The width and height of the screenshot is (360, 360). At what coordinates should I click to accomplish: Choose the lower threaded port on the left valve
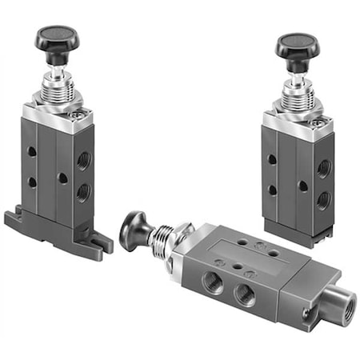pos(83,193)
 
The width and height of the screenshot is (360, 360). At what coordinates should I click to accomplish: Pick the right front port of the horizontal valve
pos(245,294)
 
